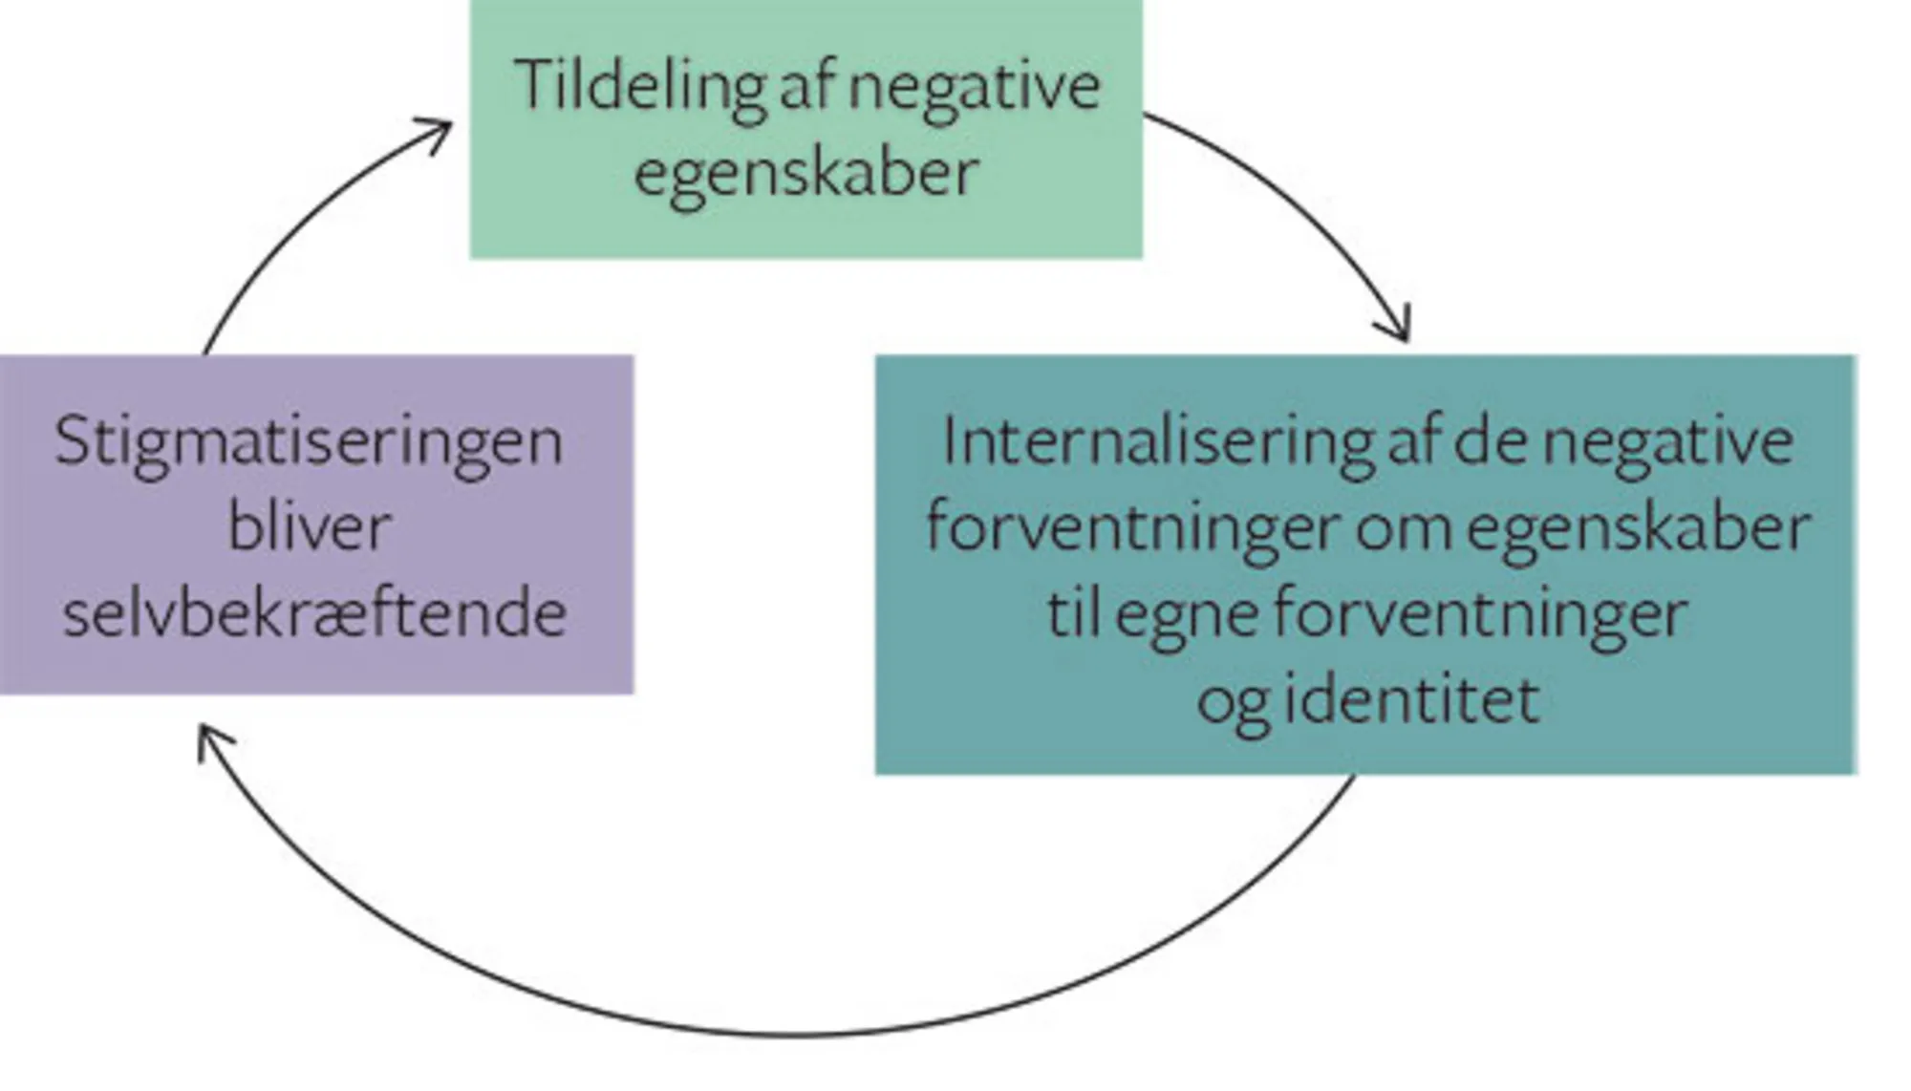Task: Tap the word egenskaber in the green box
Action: [x=805, y=174]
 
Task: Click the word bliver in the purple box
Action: [x=310, y=527]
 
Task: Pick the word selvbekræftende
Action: [x=314, y=613]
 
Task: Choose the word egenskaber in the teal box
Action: [x=1638, y=528]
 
